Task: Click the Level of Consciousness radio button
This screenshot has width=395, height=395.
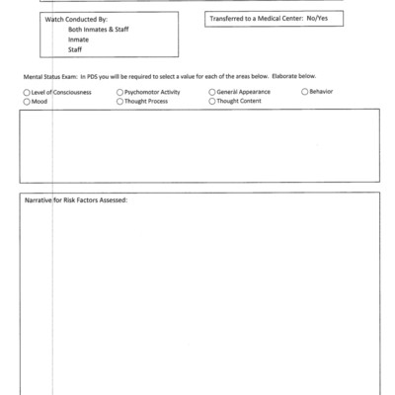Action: point(26,91)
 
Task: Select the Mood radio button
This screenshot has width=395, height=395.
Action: point(26,100)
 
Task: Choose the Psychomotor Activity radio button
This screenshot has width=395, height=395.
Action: point(120,91)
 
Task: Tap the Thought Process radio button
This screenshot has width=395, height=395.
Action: point(120,100)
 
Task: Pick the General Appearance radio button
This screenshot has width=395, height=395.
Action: point(211,91)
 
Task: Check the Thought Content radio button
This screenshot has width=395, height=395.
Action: point(211,100)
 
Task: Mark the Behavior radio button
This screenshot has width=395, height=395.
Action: point(304,91)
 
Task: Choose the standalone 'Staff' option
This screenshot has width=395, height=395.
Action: point(75,49)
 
